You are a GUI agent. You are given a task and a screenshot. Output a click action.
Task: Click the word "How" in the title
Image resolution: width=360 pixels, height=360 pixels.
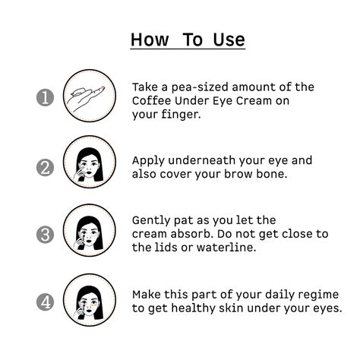(150, 39)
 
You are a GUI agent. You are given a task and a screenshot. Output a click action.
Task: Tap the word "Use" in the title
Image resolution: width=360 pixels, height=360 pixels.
(229, 39)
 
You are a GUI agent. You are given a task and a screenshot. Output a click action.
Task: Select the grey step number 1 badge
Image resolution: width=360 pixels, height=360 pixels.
(45, 97)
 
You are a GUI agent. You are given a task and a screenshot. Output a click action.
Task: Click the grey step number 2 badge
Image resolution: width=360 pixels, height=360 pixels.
(45, 168)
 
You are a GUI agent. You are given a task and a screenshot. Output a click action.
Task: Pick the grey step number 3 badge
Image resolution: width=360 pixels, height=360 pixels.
(45, 235)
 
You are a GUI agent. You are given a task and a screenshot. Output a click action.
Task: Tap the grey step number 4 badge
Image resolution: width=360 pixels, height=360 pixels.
(45, 302)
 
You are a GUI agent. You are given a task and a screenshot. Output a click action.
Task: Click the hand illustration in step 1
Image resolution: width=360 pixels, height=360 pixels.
(86, 98)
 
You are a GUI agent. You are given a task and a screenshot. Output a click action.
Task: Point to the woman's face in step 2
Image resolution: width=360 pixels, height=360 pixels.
(90, 165)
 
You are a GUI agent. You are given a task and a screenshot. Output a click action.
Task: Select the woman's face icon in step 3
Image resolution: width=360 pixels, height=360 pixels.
(90, 233)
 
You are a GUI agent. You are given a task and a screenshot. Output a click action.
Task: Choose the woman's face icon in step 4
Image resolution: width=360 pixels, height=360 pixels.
(90, 302)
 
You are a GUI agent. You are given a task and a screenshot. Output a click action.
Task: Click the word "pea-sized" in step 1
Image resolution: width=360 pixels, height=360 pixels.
(200, 87)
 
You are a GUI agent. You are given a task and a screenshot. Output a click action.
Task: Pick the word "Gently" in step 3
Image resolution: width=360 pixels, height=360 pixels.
(151, 220)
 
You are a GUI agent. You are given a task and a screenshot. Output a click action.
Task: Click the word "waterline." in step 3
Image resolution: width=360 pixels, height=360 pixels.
(226, 248)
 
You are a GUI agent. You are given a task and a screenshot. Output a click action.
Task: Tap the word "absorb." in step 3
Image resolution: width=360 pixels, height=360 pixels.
(191, 234)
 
